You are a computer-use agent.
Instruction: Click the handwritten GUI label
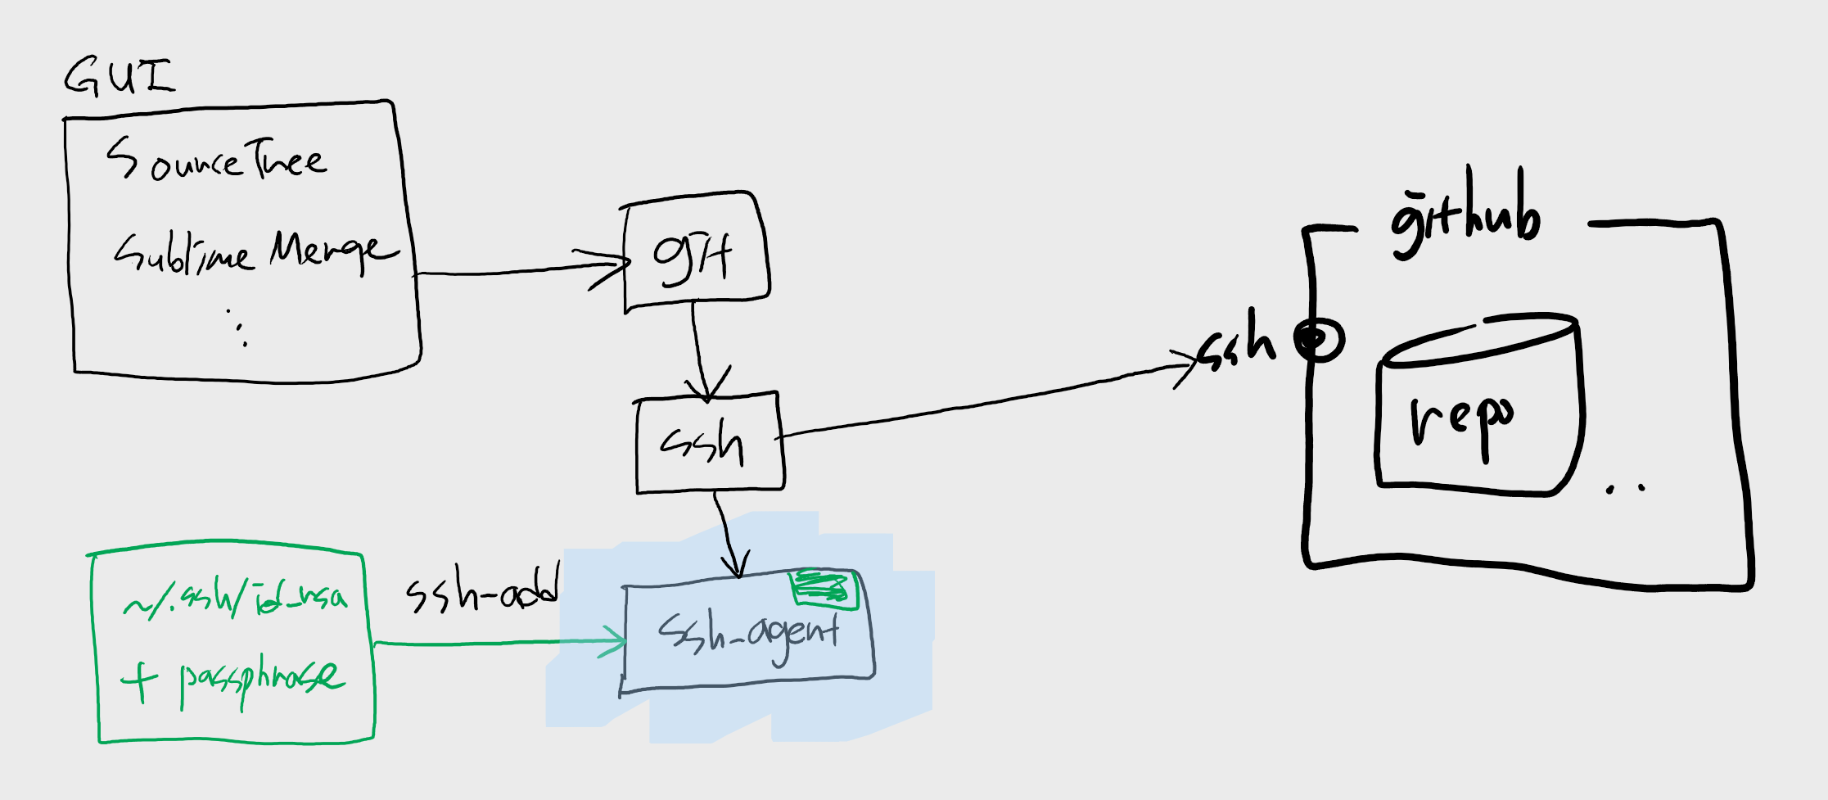[120, 77]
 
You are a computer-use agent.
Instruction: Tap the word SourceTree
[216, 159]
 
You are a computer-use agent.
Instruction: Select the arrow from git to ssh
[697, 344]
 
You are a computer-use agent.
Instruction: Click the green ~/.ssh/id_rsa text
[235, 600]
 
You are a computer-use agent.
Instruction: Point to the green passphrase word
[260, 679]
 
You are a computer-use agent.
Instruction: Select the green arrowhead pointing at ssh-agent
[616, 641]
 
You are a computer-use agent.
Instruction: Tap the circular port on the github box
[1319, 338]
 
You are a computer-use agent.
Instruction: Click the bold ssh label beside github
[1237, 342]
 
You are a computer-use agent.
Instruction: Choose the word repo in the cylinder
[1462, 420]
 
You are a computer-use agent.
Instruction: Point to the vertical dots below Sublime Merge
[238, 328]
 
